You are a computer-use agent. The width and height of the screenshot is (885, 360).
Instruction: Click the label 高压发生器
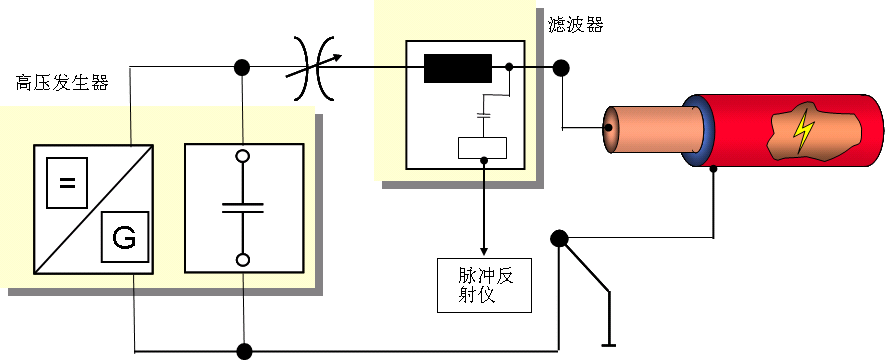(61, 82)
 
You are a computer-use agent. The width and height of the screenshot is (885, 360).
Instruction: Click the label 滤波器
(576, 26)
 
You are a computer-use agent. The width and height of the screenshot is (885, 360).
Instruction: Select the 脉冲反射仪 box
(484, 285)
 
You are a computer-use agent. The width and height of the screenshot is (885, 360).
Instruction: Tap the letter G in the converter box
(124, 238)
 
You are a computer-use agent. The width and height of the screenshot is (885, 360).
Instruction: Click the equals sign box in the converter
(67, 182)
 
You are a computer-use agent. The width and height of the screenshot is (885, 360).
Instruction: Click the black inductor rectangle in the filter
(457, 68)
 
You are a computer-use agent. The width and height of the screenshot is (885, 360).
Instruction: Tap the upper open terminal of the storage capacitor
(242, 156)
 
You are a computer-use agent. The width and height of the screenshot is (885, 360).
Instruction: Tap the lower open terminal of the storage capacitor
(242, 259)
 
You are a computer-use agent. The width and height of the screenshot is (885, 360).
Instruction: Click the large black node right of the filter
(561, 68)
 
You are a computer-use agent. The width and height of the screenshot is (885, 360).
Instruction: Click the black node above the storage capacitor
(242, 68)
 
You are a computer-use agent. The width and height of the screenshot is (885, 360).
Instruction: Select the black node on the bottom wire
(243, 351)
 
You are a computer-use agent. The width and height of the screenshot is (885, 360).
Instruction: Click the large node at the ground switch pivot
(559, 239)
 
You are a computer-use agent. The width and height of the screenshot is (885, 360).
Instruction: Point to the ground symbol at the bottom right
(607, 345)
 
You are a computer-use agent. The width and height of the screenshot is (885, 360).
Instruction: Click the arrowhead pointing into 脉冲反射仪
(484, 249)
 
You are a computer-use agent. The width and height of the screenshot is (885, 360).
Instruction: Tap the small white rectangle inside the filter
(482, 148)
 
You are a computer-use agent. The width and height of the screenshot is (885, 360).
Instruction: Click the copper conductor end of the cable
(609, 130)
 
